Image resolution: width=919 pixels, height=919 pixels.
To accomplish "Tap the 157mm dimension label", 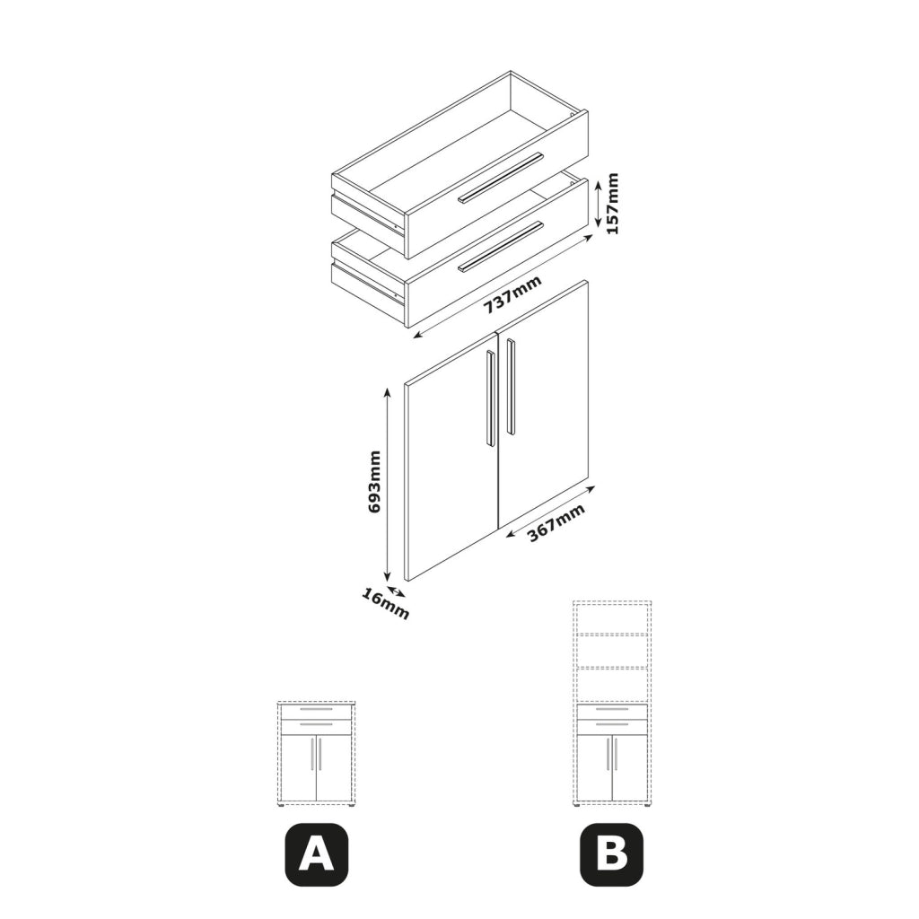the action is (612, 204).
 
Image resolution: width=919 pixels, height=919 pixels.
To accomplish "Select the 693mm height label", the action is (374, 482).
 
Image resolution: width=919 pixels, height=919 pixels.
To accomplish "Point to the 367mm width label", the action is (556, 523).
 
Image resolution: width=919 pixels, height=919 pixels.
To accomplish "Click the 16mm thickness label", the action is (385, 604).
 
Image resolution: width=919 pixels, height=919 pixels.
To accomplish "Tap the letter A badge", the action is (317, 855).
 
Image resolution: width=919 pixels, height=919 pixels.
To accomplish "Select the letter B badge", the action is (611, 855).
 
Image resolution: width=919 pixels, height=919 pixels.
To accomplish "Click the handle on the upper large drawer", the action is (501, 178).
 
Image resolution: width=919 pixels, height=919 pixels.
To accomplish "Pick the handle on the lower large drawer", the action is (501, 247).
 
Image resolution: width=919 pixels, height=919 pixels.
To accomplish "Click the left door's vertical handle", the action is (490, 399).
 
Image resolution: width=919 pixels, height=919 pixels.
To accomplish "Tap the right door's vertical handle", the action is (511, 386).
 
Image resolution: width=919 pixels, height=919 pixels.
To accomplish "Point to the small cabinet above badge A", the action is (317, 753).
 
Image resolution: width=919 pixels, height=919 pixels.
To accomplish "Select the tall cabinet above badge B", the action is (611, 704).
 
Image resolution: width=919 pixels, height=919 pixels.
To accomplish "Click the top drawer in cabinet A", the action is (317, 711).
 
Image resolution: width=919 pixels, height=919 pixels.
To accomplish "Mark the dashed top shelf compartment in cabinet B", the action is (611, 618).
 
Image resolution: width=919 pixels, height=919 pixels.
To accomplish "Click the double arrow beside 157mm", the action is (597, 204).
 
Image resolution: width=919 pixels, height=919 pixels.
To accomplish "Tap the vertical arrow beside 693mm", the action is (387, 484).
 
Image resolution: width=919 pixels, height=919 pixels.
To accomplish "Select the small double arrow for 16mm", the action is (397, 591).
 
